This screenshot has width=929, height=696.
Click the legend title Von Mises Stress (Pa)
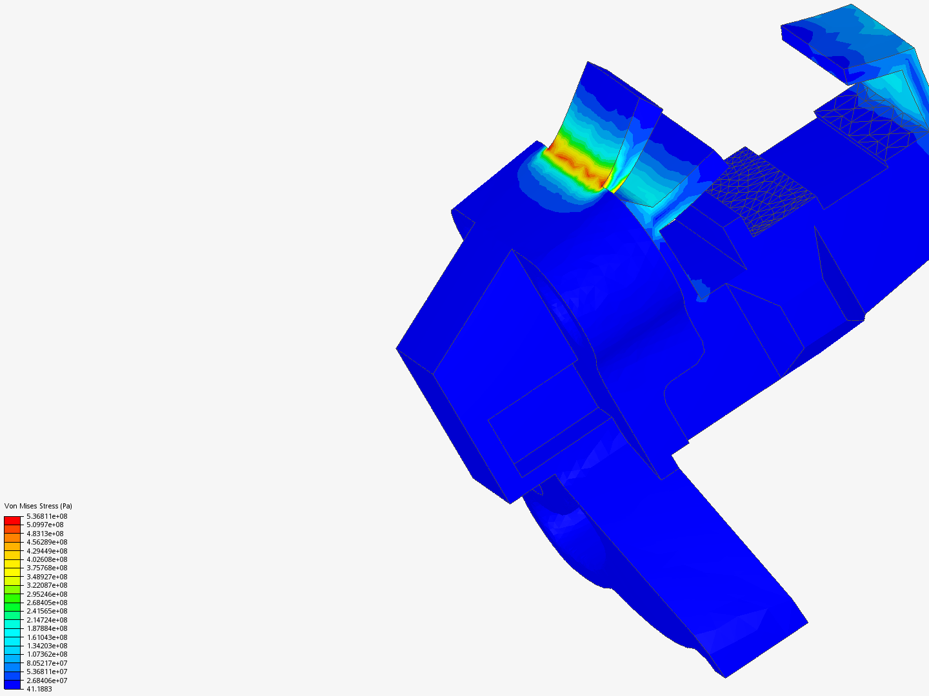38,506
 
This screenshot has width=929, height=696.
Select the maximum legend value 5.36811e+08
47,516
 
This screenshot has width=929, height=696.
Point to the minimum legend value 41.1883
39,689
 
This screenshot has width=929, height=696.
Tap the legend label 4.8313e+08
45,534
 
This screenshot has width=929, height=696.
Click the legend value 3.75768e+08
47,568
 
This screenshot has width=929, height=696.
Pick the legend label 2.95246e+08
47,594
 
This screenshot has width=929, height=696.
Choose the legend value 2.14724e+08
47,620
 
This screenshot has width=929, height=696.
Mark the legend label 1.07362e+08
47,654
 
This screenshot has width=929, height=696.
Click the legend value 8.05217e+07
47,663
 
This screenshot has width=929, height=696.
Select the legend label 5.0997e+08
45,525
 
